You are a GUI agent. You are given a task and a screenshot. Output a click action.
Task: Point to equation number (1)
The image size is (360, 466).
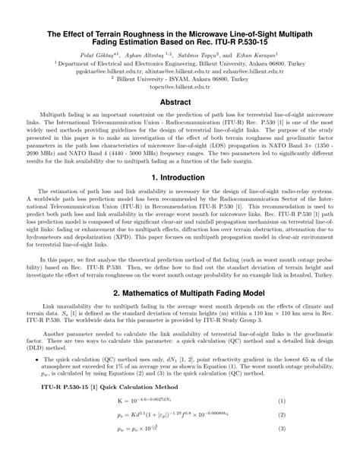(x=323, y=421)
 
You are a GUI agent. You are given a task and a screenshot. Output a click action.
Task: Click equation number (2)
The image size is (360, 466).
(x=323, y=437)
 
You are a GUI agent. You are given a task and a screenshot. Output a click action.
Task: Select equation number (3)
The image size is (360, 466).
(x=323, y=454)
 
